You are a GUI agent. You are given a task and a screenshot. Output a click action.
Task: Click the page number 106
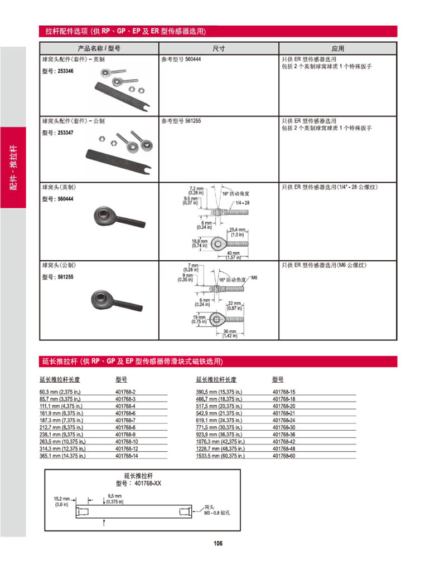point(217,543)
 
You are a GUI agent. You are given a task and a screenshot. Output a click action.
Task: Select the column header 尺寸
point(219,48)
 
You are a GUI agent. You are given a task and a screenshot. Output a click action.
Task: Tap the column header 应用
point(337,48)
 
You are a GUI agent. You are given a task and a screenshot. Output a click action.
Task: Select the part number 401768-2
point(125,392)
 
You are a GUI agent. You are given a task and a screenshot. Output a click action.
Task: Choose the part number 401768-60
point(284,456)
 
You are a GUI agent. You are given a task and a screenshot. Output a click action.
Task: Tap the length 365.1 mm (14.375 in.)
point(62,456)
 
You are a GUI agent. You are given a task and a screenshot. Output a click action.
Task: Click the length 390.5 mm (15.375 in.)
point(219,392)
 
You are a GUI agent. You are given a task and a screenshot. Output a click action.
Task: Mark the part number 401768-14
point(127,456)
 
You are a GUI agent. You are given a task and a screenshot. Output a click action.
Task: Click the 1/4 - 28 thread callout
point(243,203)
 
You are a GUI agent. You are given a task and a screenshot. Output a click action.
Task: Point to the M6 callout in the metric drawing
point(254,277)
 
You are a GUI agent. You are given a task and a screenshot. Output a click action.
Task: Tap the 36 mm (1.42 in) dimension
point(230,333)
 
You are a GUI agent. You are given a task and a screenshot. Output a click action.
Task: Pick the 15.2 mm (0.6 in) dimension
point(61,501)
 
